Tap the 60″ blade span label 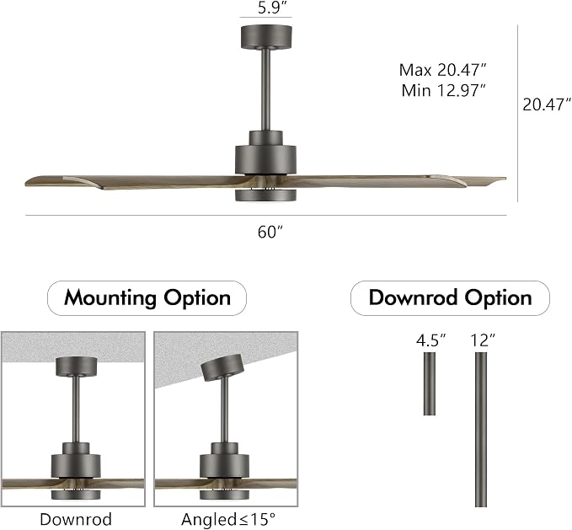[x=270, y=232]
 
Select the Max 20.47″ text [x=443, y=70]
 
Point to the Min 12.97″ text [x=444, y=90]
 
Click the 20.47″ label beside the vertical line [x=546, y=104]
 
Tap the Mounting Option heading [x=147, y=298]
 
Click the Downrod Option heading [x=450, y=297]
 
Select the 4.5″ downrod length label [x=431, y=340]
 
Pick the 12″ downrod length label [x=483, y=340]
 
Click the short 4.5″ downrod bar [x=430, y=383]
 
